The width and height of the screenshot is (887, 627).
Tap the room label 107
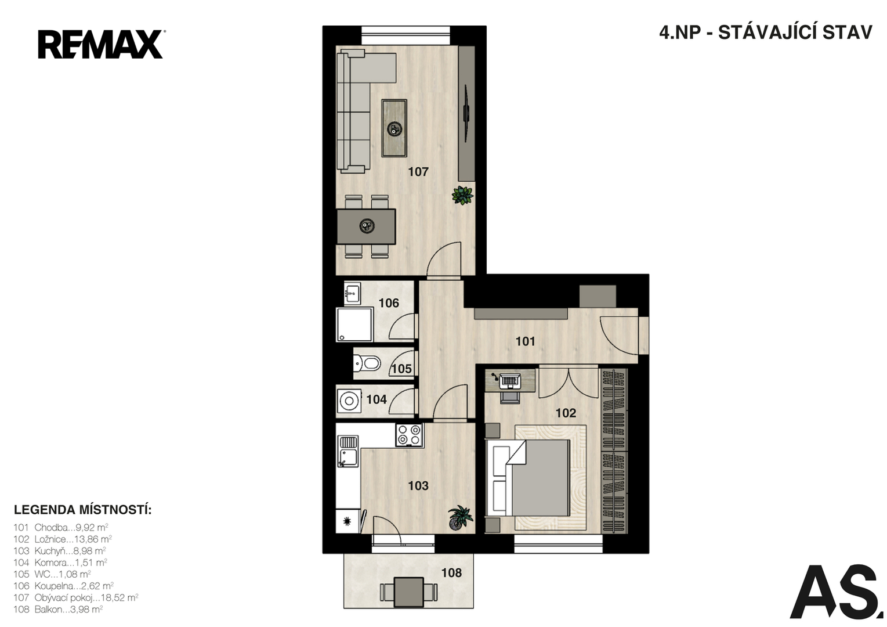[418, 172]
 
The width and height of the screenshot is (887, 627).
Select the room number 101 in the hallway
[525, 341]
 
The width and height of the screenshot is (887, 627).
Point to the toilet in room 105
[367, 362]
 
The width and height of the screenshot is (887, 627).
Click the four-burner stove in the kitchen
[410, 435]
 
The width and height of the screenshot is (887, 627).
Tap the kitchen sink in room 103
[348, 451]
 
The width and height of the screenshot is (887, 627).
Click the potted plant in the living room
[462, 195]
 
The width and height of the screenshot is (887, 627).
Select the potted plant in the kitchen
[461, 517]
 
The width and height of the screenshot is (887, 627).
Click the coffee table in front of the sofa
[394, 128]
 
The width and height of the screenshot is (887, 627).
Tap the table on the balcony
[409, 592]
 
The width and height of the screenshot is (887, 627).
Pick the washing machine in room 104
[349, 401]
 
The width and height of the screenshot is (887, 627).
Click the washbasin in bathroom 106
[352, 293]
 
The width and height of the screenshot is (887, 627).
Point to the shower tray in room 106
[354, 325]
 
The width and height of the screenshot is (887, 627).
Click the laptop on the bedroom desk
[509, 381]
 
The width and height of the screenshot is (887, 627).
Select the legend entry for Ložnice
[63, 539]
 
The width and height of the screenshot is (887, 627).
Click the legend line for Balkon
[58, 609]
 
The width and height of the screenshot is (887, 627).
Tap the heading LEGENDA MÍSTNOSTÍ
[83, 510]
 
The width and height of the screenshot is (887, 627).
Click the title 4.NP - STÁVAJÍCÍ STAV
[765, 33]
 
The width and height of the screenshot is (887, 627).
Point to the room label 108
[451, 572]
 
